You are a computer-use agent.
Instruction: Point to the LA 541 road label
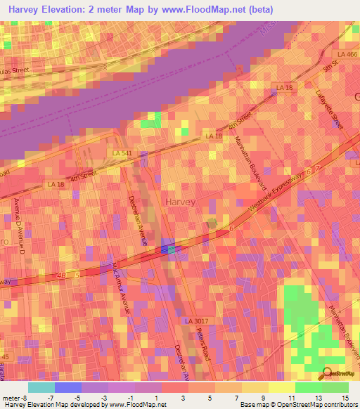coord(122,152)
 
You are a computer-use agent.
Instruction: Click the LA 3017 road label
coord(198,320)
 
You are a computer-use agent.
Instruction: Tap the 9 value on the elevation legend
coord(262,398)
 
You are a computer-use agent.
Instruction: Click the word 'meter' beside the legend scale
coord(12,398)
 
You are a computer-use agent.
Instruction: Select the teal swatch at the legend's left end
coord(41,387)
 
